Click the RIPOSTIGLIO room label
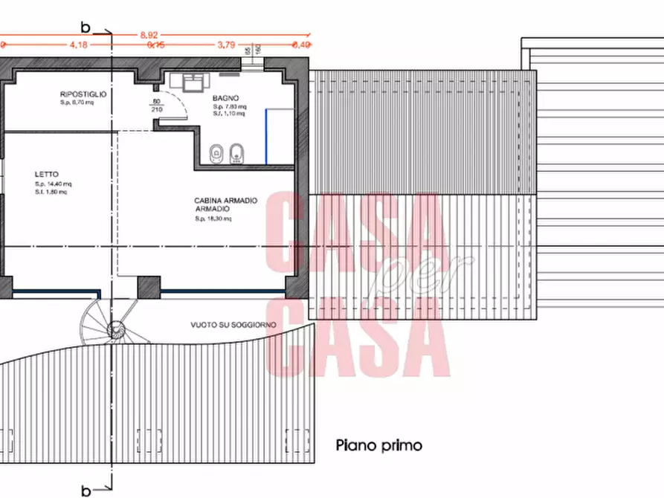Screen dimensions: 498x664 84,94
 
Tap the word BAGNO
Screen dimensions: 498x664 225,97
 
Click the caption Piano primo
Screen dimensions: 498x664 379,446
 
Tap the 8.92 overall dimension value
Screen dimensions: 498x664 149,35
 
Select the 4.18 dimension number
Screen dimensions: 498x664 79,45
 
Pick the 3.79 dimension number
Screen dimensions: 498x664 226,45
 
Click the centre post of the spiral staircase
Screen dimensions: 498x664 115,329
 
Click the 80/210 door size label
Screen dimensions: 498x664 157,105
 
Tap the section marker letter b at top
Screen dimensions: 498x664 86,28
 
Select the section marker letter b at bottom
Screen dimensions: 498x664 86,491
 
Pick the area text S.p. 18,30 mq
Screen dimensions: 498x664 214,219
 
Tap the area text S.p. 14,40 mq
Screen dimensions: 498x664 53,184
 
